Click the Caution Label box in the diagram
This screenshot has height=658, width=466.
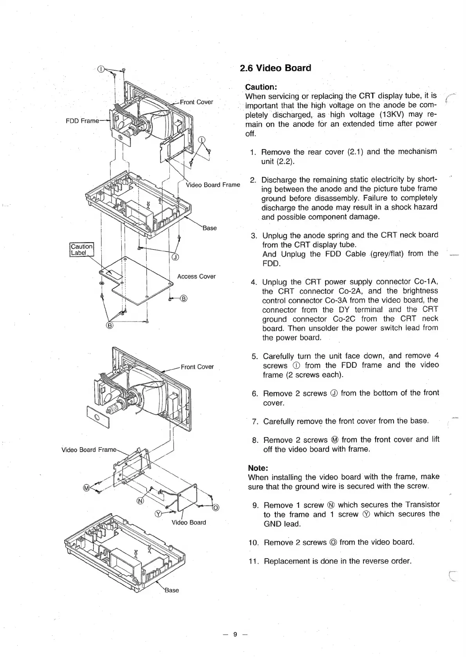81,250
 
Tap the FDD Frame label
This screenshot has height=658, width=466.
82,120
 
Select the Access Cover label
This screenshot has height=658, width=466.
196,277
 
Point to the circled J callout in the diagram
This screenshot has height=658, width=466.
176,257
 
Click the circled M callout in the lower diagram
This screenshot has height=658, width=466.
86,488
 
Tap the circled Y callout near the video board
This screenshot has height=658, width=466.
159,514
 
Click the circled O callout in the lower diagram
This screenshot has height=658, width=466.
215,508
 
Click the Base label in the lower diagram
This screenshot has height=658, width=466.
172,590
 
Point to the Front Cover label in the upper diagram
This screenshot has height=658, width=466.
196,102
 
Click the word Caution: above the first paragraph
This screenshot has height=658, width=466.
261,86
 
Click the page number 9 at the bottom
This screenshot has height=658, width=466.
235,635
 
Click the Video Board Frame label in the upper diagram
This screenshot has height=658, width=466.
213,185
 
